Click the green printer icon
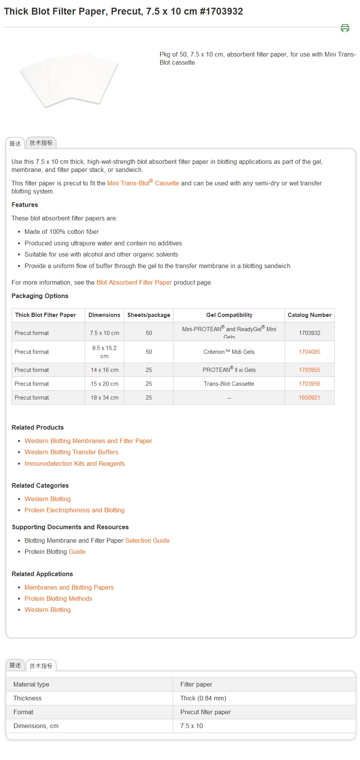pos(345,28)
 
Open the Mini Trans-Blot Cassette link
pos(143,183)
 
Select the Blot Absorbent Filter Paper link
pos(134,282)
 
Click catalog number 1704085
pos(309,352)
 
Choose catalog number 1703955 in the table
pos(309,370)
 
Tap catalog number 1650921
pos(309,398)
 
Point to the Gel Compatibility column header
pos(229,315)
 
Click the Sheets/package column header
pos(148,315)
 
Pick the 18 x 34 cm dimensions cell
pos(105,398)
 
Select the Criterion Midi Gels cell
pos(229,352)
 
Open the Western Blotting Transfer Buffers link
pos(71,452)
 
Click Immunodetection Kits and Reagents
pos(75,463)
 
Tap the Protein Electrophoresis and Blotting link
pos(74,510)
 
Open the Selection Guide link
pos(147,540)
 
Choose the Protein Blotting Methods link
pos(58,598)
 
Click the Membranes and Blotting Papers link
pos(69,587)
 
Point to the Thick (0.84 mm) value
pos(203,698)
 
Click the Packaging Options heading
pos(40,296)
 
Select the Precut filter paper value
pos(205,712)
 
